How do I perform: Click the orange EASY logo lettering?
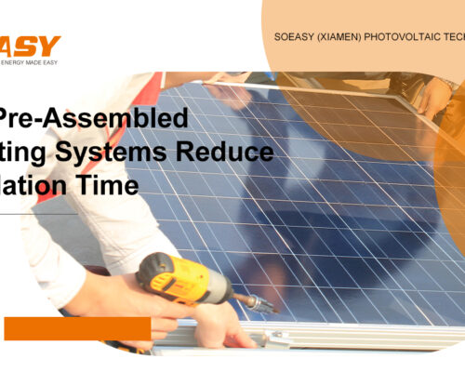(30, 45)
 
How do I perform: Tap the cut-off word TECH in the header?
(455, 39)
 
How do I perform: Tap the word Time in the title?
(113, 184)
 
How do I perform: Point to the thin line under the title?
(37, 212)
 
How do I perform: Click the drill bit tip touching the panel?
(271, 306)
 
